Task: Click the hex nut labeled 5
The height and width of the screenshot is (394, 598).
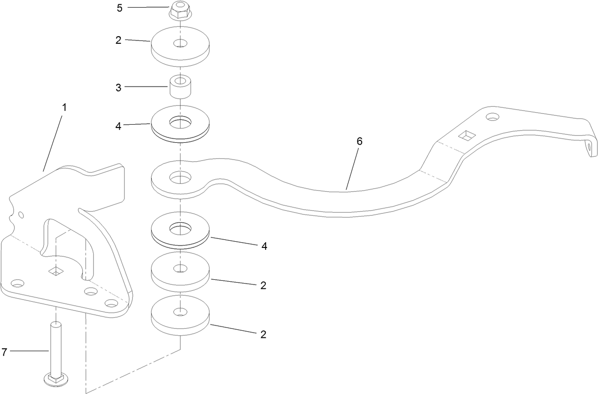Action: pyautogui.click(x=180, y=10)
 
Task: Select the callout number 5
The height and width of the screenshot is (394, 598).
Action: pyautogui.click(x=120, y=8)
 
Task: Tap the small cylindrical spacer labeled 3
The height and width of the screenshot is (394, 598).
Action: pyautogui.click(x=181, y=87)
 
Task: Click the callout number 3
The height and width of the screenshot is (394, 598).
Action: pyautogui.click(x=118, y=88)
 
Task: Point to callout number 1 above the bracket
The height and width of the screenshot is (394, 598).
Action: pyautogui.click(x=64, y=108)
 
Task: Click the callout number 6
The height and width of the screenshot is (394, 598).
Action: pyautogui.click(x=359, y=141)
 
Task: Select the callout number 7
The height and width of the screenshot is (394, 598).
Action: pyautogui.click(x=4, y=352)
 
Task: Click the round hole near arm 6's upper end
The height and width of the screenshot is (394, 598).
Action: pyautogui.click(x=492, y=117)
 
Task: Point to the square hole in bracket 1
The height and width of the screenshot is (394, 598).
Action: pyautogui.click(x=56, y=271)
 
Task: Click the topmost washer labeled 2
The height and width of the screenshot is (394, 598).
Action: pyautogui.click(x=180, y=47)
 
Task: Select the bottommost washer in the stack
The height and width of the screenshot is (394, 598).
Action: pyautogui.click(x=180, y=315)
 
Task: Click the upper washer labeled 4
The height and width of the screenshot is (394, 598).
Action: pyautogui.click(x=180, y=124)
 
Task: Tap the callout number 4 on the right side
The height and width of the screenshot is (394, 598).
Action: pyautogui.click(x=264, y=246)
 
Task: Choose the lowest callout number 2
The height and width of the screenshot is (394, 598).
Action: pyautogui.click(x=263, y=335)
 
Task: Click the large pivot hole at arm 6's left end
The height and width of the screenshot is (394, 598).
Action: pyautogui.click(x=180, y=177)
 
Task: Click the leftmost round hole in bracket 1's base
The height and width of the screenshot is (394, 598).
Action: pyautogui.click(x=17, y=283)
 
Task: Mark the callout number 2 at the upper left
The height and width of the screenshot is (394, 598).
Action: pyautogui.click(x=118, y=40)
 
